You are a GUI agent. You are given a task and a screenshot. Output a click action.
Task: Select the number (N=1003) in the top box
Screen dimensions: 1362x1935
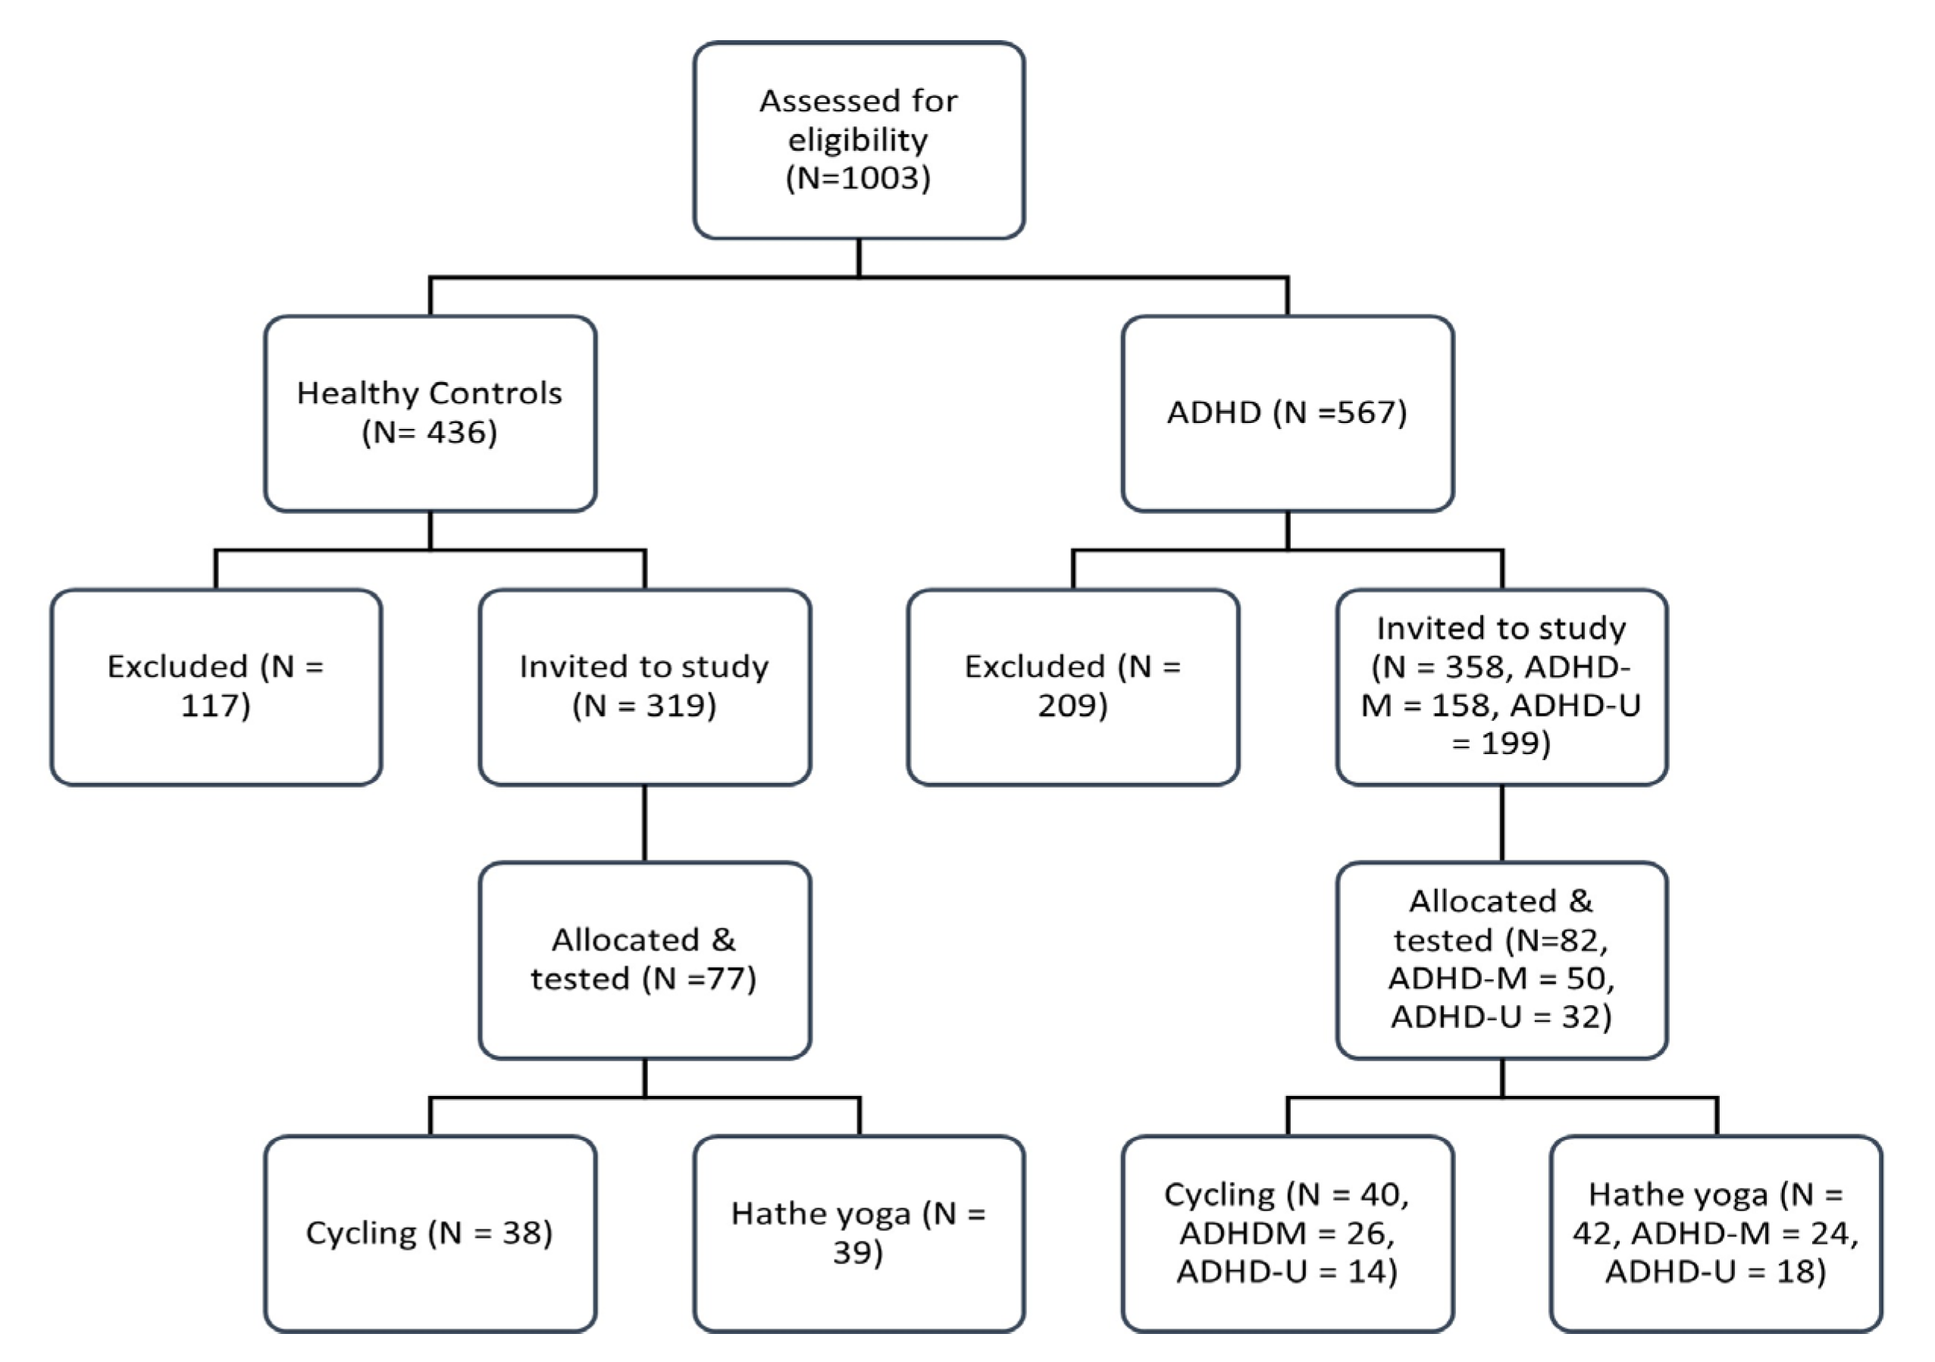tap(858, 178)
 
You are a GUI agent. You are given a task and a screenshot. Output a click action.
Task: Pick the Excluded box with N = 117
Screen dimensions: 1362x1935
tap(216, 687)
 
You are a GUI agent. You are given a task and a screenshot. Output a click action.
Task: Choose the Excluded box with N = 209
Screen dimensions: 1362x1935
tap(1072, 687)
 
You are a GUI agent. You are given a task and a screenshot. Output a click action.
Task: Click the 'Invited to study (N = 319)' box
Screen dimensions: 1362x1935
tap(645, 687)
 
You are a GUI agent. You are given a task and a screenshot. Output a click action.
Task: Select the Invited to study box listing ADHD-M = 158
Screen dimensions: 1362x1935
tap(1501, 687)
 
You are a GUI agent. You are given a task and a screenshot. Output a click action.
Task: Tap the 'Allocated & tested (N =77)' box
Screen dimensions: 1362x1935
tap(645, 960)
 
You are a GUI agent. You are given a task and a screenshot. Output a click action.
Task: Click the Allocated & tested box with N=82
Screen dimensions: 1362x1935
tap(1501, 960)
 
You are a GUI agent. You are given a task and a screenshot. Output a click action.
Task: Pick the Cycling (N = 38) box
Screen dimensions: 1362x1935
tap(430, 1233)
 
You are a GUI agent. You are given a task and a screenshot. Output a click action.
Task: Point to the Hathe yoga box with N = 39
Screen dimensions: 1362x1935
tap(858, 1233)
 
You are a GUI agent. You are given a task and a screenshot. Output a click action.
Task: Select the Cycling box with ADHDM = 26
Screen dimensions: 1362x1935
tap(1287, 1233)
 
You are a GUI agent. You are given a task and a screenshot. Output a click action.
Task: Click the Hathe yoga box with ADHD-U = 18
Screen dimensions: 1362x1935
tap(1715, 1233)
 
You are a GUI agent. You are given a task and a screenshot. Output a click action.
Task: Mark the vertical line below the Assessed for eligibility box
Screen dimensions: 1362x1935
tap(858, 257)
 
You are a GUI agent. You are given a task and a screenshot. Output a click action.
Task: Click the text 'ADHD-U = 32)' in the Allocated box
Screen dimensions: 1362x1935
tap(1501, 1016)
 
